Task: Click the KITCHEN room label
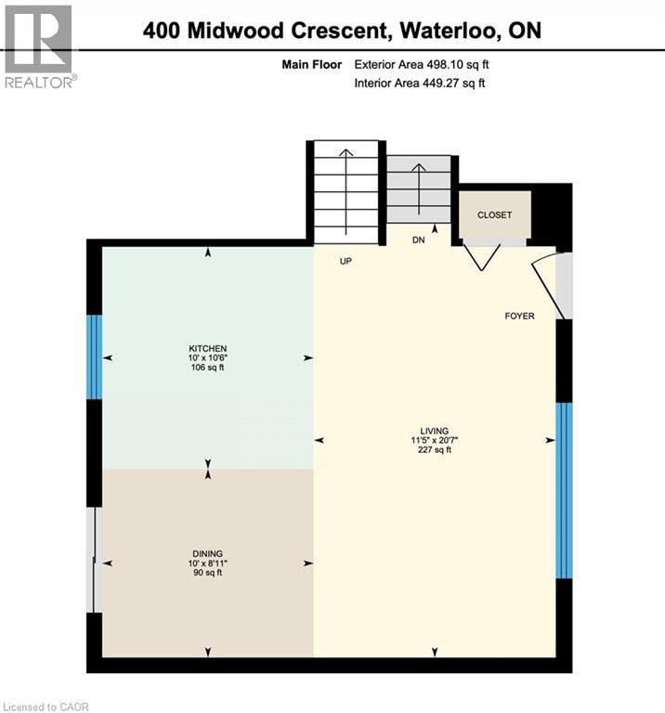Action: tap(207, 348)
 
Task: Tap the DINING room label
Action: tap(207, 553)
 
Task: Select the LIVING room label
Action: tap(434, 431)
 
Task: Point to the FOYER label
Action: tap(519, 317)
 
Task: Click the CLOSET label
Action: tap(494, 215)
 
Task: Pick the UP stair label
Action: tap(346, 261)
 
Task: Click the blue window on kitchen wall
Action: tap(94, 357)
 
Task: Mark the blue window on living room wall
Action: tap(563, 489)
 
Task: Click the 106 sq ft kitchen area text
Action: tap(207, 368)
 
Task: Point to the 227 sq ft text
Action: tap(434, 450)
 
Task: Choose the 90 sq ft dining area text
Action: tap(207, 573)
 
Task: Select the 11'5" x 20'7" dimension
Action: tap(434, 441)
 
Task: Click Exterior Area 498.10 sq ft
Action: tap(420, 65)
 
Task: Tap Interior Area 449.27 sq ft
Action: tap(420, 84)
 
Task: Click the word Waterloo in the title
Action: tap(451, 31)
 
